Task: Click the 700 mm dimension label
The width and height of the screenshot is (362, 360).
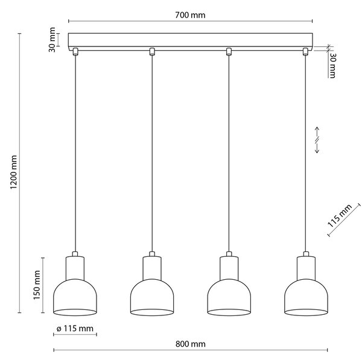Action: pos(190,15)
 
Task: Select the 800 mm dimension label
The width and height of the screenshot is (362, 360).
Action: pos(191,344)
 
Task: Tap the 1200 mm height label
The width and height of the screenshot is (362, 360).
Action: pos(14,172)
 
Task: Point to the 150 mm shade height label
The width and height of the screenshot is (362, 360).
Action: pos(37,285)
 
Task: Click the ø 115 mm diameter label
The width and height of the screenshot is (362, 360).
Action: pos(75,329)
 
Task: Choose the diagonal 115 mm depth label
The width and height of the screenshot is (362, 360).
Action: pos(340,216)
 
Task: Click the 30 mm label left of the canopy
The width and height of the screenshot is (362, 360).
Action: pos(52,40)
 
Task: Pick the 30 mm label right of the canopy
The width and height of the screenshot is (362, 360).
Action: pos(332,66)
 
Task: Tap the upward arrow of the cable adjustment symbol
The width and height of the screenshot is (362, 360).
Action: pos(317,131)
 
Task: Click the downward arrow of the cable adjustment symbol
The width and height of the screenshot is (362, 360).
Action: pos(317,148)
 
